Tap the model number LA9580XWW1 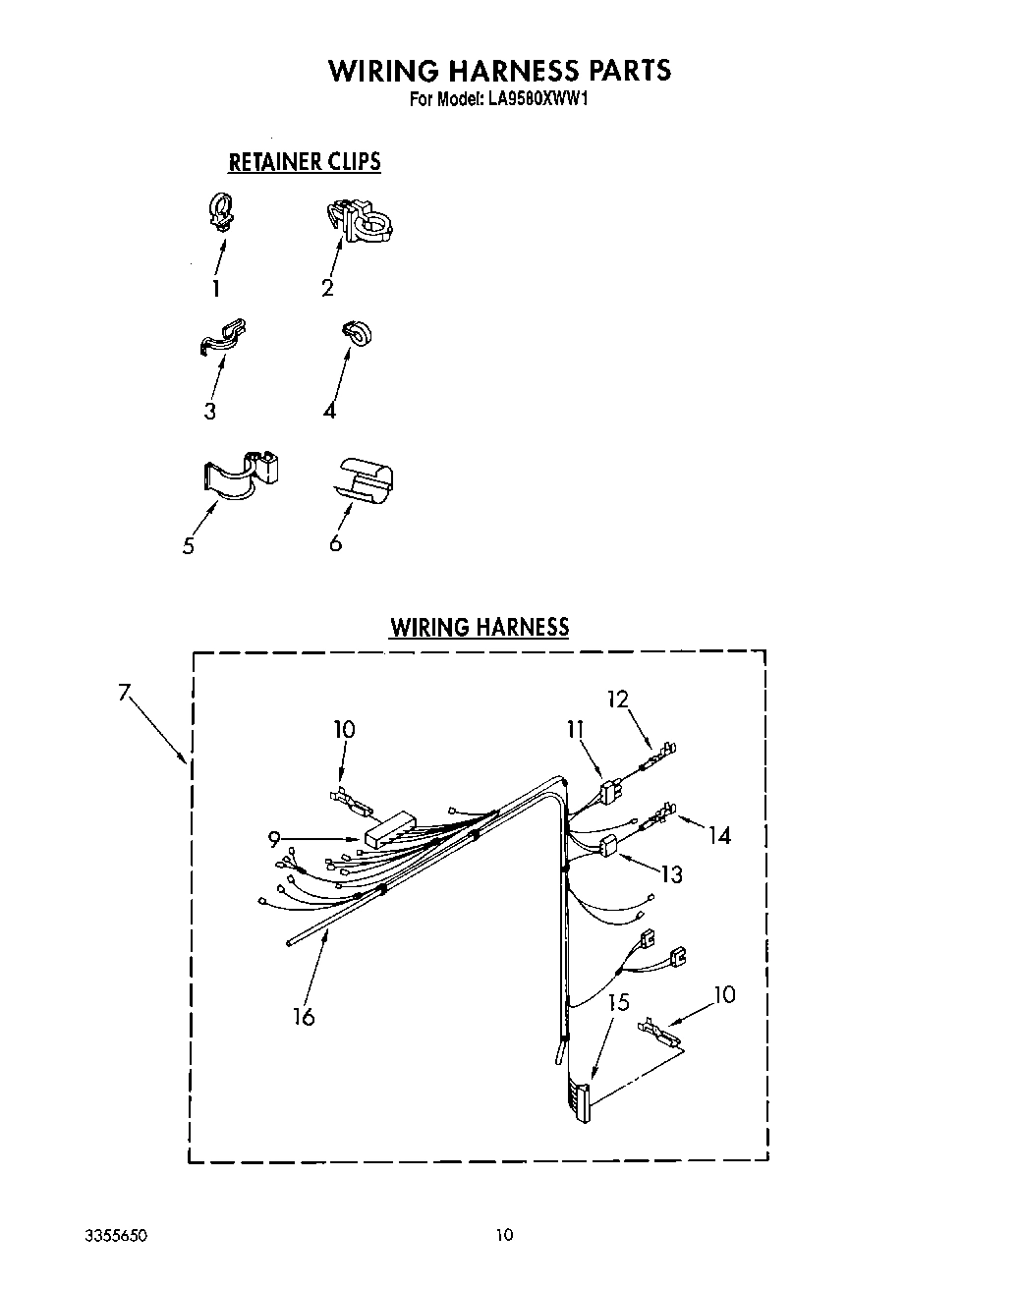(x=537, y=99)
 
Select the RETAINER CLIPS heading (x=304, y=162)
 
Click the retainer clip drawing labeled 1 (x=222, y=212)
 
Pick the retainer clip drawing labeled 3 (x=221, y=337)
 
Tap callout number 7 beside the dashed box (x=124, y=693)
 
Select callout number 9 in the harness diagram (x=274, y=838)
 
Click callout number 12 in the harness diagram (x=617, y=700)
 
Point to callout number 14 (x=720, y=835)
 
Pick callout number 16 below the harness (x=304, y=1017)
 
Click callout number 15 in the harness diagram (x=618, y=1003)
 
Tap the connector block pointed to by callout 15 (x=581, y=1101)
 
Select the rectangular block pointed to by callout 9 (x=389, y=831)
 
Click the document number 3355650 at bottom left (x=119, y=1235)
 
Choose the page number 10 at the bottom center (x=503, y=1235)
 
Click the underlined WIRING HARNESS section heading (x=479, y=628)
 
